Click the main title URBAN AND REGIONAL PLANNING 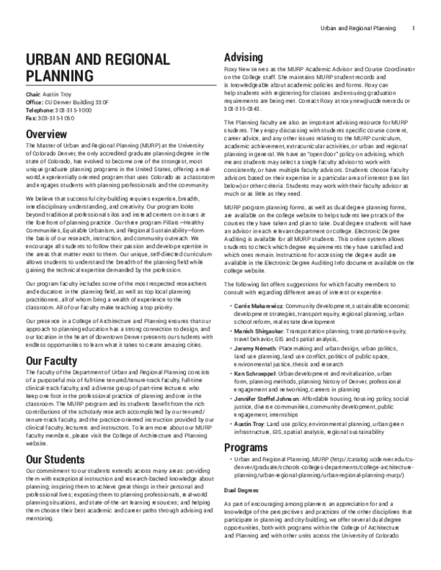click(88, 66)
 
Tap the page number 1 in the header click(415, 29)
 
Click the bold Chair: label click(34, 95)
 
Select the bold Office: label click(35, 102)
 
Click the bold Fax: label click(31, 117)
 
